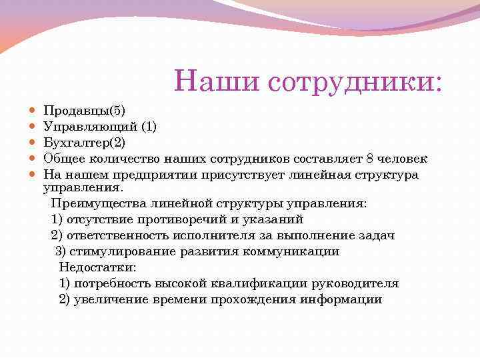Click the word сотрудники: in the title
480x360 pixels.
[355, 81]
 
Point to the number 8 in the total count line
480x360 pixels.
[370, 158]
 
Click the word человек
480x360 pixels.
[403, 158]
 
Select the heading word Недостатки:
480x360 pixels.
[97, 267]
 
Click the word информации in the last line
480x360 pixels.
[341, 299]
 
